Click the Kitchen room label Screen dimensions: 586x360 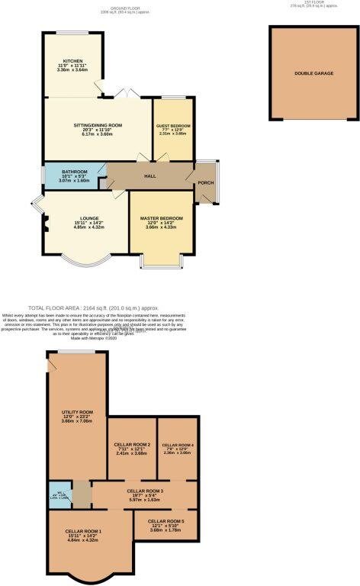click(73, 61)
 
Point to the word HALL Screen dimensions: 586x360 click(150, 176)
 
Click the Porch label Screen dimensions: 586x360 click(206, 183)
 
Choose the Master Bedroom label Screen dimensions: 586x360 click(161, 218)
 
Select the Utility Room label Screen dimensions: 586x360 click(77, 412)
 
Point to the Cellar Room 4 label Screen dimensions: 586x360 click(178, 445)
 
